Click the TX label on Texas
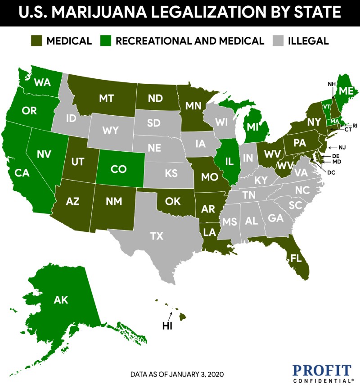click(x=156, y=235)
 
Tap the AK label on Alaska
click(x=61, y=299)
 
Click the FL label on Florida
click(x=296, y=259)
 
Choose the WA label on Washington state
click(x=42, y=83)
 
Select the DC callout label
click(x=331, y=172)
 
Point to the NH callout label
click(x=332, y=84)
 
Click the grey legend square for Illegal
click(x=279, y=41)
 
